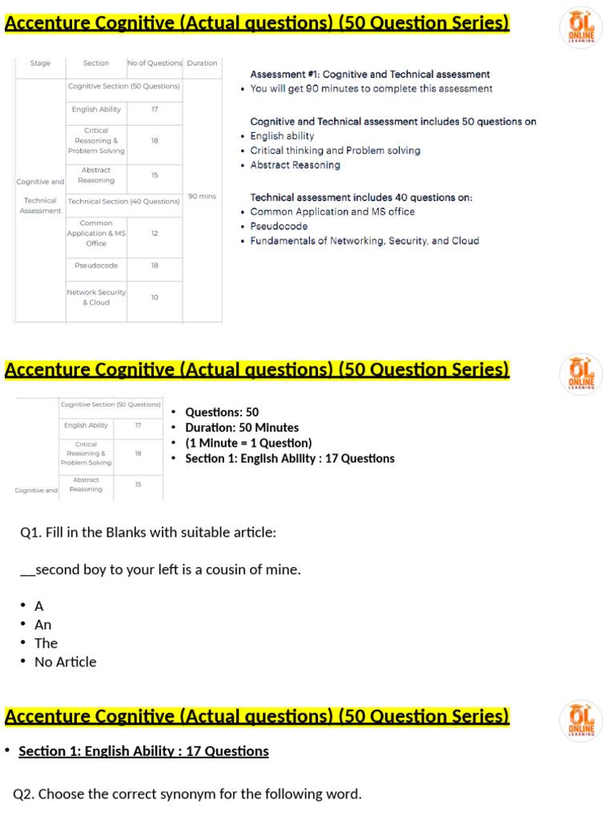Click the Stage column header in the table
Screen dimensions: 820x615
tap(40, 63)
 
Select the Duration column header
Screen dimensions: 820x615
tap(202, 63)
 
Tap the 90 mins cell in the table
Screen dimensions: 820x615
tap(202, 196)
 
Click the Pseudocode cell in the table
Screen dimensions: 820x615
tap(96, 265)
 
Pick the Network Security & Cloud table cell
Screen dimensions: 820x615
tap(96, 297)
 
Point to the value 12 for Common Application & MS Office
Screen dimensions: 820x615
tap(155, 233)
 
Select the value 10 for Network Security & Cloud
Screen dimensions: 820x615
tap(155, 297)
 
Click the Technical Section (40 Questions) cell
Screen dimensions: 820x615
tap(124, 201)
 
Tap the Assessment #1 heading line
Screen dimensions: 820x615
tap(370, 74)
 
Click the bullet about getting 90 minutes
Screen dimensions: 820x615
tap(372, 89)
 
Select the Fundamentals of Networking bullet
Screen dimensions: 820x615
tap(364, 241)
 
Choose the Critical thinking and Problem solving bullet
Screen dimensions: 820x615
tap(335, 151)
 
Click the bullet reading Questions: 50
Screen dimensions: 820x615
tap(222, 412)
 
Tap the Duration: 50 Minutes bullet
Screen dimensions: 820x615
tap(242, 428)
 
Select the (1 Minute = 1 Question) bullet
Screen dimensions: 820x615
tap(248, 443)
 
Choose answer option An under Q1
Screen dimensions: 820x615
tap(42, 625)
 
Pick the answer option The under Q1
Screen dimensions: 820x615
tap(46, 643)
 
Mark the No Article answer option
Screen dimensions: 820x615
tap(65, 662)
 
